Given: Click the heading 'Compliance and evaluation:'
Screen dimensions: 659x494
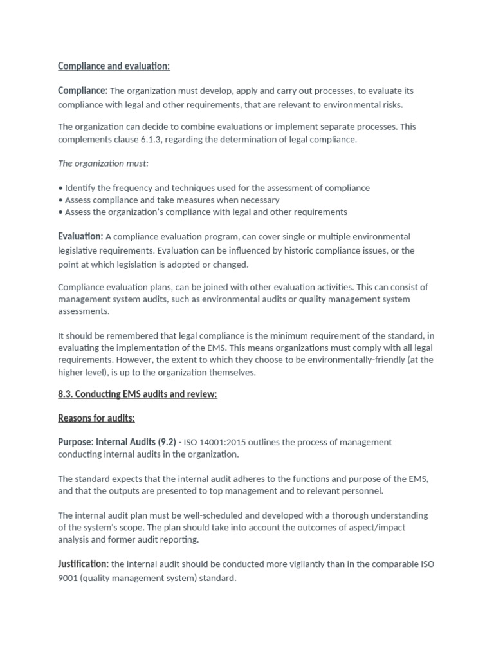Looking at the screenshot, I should (114, 66).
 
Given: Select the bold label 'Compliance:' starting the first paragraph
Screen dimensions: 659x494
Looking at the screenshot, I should (82, 91).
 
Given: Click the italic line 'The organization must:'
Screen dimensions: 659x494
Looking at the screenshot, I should (103, 163).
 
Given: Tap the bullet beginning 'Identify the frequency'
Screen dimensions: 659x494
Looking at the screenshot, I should (214, 188).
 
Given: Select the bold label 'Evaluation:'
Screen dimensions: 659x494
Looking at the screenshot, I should (80, 237).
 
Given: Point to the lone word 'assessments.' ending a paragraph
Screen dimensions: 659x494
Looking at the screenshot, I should (84, 311).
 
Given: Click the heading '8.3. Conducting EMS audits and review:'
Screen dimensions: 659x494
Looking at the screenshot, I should (138, 394).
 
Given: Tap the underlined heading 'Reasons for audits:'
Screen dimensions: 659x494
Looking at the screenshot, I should (96, 418).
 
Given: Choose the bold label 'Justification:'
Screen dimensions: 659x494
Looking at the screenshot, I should (83, 564).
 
